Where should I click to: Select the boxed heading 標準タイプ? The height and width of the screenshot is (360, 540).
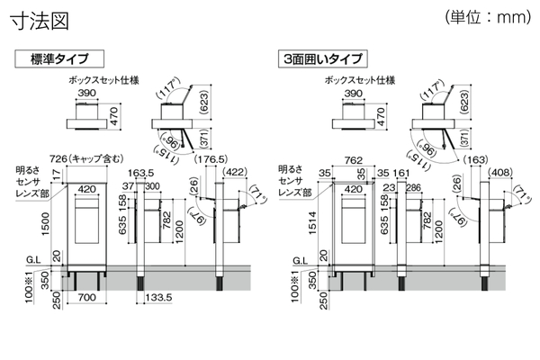pyautogui.click(x=58, y=59)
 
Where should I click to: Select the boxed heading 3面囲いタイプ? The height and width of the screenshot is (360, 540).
pyautogui.click(x=321, y=59)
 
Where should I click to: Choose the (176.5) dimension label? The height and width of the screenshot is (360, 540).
pyautogui.click(x=211, y=160)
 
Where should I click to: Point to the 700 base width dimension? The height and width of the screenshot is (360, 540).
pyautogui.click(x=86, y=296)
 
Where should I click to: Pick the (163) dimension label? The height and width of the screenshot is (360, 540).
pyautogui.click(x=480, y=160)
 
